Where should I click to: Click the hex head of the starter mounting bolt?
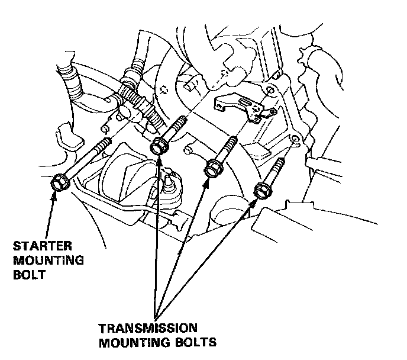(x=60, y=182)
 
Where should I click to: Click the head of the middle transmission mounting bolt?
(x=211, y=168)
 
